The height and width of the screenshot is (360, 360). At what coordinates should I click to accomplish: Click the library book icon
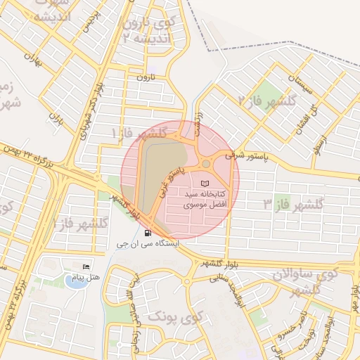[205, 184]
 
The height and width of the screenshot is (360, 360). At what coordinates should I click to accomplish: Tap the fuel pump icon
[146, 233]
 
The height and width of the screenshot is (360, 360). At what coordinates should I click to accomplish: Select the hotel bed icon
[86, 268]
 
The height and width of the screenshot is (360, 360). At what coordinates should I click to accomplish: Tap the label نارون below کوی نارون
[143, 75]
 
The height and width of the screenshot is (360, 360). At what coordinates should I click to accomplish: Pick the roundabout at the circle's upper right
[205, 163]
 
